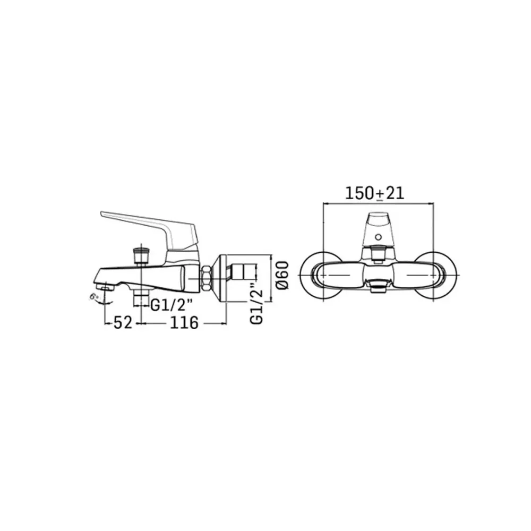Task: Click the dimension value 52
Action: tap(123, 323)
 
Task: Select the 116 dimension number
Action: tap(184, 323)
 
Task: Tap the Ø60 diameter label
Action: tap(283, 275)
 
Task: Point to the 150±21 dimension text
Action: tap(374, 193)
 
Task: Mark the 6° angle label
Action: tap(94, 297)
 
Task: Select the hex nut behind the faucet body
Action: tap(207, 278)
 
